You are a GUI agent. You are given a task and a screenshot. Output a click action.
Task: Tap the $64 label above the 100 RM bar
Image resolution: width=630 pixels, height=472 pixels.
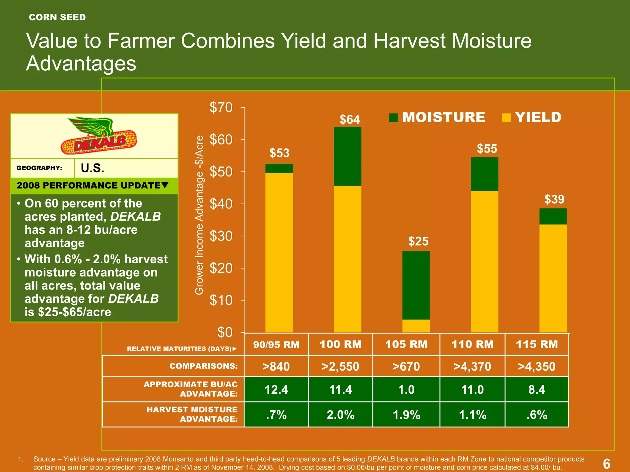coord(350,120)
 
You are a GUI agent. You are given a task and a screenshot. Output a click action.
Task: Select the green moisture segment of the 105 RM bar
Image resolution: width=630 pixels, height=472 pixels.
coord(416,285)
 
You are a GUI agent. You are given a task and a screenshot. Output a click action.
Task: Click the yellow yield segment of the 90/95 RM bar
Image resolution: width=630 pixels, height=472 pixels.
coord(279,252)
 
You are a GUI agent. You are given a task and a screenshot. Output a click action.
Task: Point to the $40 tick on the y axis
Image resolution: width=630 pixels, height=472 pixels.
coord(221,204)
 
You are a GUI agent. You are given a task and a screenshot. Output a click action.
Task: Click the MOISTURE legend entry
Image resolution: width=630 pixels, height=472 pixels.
coord(437,117)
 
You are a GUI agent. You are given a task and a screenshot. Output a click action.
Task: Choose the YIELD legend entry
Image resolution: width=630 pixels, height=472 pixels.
coord(532,117)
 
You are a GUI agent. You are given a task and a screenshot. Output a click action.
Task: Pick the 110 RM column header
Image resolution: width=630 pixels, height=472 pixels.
coord(472,344)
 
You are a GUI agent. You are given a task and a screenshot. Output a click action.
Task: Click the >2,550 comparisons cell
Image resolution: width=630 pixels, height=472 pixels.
coord(340,366)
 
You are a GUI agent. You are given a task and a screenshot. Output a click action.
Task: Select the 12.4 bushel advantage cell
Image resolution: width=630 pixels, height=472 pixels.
coord(276,390)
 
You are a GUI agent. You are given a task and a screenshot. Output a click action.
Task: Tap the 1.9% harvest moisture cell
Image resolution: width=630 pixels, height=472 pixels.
coord(406,415)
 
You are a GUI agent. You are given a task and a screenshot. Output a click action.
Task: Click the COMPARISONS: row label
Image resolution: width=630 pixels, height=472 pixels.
coord(203,366)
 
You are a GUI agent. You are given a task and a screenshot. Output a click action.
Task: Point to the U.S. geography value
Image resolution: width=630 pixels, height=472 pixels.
coord(93,168)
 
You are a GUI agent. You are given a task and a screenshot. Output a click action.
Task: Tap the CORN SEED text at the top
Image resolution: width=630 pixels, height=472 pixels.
coord(57,17)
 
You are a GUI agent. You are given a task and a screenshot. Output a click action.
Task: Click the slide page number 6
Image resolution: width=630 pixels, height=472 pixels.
coord(606,463)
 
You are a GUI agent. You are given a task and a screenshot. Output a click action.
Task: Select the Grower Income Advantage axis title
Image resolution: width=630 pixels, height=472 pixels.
coord(199,215)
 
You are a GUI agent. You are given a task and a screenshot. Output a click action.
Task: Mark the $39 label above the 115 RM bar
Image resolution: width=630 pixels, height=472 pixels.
coord(554,199)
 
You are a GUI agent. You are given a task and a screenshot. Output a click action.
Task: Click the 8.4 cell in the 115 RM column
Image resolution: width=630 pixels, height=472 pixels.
coord(537,390)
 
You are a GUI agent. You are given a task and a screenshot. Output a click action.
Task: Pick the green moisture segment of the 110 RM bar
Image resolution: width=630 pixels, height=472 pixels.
coord(484,174)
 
